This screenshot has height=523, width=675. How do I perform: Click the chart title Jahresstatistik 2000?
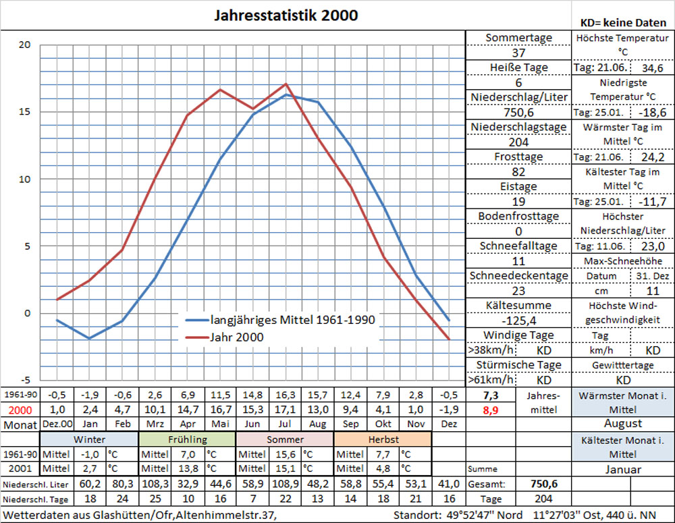[286, 15]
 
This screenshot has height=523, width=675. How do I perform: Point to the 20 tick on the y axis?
[24, 45]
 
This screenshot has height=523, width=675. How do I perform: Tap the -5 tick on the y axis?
[24, 379]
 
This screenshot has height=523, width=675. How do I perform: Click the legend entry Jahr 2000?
[237, 337]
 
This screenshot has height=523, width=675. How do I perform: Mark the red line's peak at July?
[286, 84]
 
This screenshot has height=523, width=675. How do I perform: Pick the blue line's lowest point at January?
[89, 338]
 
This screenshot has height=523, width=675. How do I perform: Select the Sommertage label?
[519, 38]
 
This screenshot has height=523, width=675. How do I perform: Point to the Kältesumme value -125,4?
[519, 320]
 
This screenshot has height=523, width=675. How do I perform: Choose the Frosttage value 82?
[519, 171]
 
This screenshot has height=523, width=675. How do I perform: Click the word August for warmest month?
[622, 424]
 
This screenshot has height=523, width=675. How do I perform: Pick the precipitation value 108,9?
[286, 484]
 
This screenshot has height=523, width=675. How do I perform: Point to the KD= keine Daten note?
[622, 22]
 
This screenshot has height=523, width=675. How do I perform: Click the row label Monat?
[20, 424]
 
